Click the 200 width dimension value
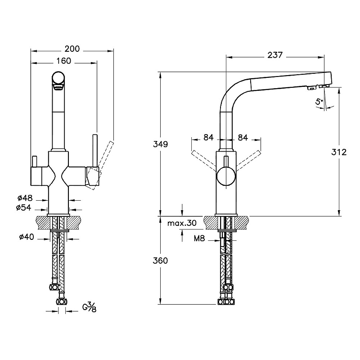(x=72, y=49)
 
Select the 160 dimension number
(x=63, y=61)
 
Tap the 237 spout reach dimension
(x=274, y=55)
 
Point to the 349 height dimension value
(x=160, y=144)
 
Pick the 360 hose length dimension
(x=160, y=261)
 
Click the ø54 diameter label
(x=23, y=207)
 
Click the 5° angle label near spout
(x=319, y=102)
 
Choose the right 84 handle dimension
(x=243, y=137)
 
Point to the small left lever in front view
(x=34, y=162)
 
